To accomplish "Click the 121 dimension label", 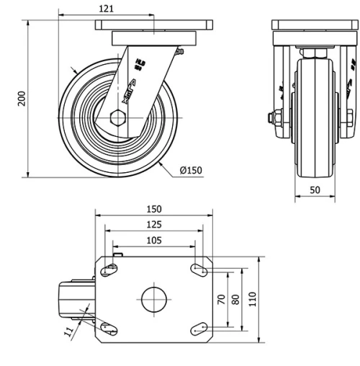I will [x=107, y=8].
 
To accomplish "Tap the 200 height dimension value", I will [x=22, y=99].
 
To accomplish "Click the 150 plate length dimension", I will [x=153, y=209].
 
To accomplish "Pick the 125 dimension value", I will [x=153, y=224].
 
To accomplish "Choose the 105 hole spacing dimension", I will [x=153, y=240].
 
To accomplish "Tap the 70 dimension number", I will [x=222, y=298].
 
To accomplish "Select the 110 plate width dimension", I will [x=252, y=298].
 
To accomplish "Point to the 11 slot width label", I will [x=68, y=332].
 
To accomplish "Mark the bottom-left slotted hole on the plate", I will [x=109, y=328].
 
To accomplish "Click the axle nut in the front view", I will [x=274, y=117].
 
